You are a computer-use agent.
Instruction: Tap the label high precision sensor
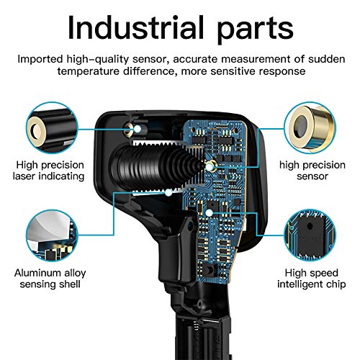[312, 169]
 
